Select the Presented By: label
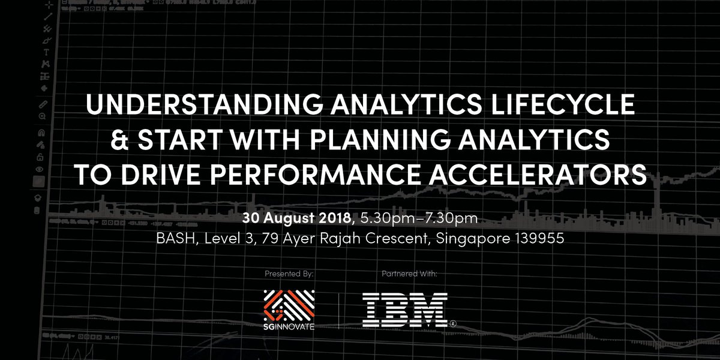(289, 274)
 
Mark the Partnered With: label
(410, 274)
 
